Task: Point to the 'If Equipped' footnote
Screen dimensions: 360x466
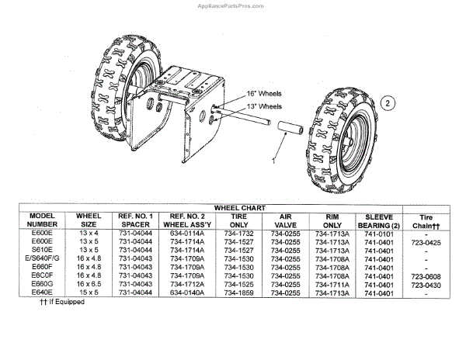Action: coord(62,302)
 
